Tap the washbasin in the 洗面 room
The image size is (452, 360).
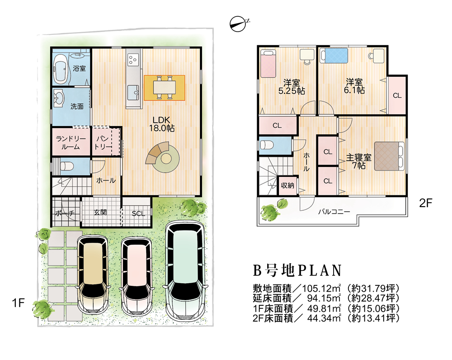[59, 97]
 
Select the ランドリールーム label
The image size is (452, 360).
[70, 142]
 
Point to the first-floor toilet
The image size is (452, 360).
[66, 166]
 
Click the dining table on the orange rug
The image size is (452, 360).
[164, 87]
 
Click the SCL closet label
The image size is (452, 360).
[138, 213]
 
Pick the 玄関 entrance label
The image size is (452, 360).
[100, 212]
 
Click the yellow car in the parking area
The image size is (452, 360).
[93, 273]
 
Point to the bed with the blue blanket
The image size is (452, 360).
[334, 57]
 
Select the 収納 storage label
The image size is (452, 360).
[287, 185]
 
